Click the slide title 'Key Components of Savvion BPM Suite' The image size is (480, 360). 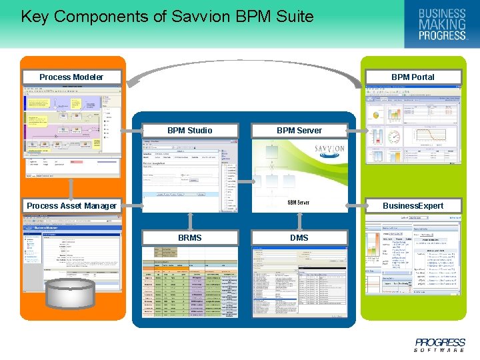point(167,17)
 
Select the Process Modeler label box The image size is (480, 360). point(71,77)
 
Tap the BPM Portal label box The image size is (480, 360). point(413,77)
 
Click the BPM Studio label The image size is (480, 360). point(190,130)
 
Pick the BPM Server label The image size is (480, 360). point(299,130)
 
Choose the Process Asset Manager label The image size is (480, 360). point(71,205)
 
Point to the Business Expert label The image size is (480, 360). point(413,205)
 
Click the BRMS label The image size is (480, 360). point(190,237)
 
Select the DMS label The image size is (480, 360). point(299,237)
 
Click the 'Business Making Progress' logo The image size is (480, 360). point(441,24)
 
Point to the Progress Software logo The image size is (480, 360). point(439,345)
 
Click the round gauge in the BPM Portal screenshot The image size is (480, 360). point(394,137)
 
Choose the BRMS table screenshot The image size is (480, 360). point(190,280)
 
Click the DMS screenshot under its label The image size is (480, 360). point(299,280)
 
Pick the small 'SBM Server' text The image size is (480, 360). point(298,203)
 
